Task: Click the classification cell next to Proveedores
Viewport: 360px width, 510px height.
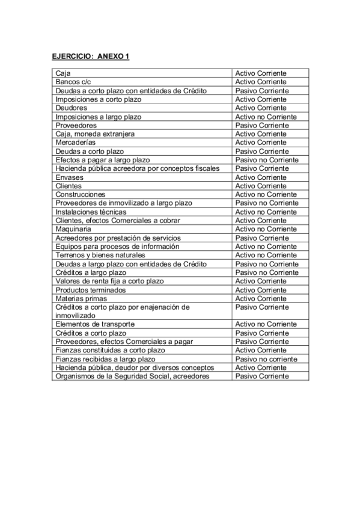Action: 262,125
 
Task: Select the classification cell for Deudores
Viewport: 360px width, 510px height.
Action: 261,108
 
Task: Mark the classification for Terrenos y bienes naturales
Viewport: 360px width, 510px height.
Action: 266,255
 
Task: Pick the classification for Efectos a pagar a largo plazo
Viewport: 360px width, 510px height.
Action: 266,160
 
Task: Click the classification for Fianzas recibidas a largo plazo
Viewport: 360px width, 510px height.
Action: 266,358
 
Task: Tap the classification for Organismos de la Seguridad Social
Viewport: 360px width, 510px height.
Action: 262,376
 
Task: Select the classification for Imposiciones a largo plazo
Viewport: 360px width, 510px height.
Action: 266,117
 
